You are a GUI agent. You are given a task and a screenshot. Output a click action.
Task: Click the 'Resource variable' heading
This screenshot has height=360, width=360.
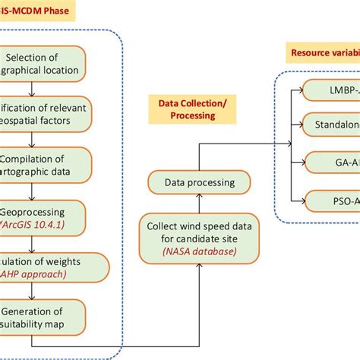323,53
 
